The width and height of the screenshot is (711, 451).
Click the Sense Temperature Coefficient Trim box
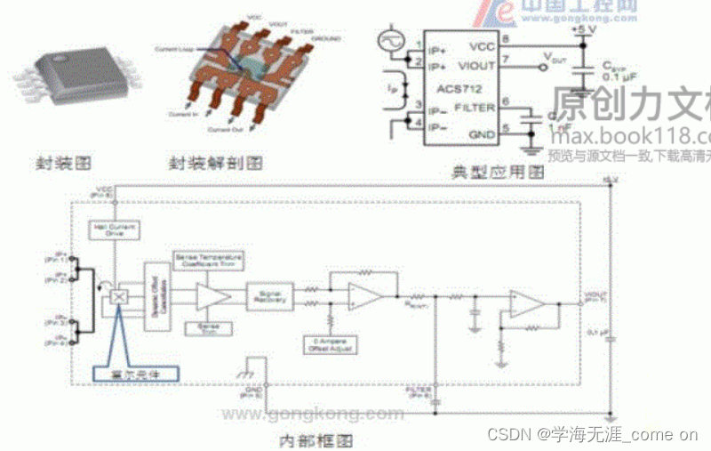point(209,260)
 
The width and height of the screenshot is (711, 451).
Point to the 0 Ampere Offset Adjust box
point(330,343)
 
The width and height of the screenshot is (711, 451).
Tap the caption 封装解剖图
point(215,164)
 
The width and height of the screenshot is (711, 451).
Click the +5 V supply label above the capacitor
point(583,30)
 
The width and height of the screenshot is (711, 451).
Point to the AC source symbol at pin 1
point(391,41)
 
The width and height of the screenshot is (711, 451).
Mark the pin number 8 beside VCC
point(505,40)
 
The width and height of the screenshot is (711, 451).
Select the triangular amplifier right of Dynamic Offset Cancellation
point(212,296)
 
